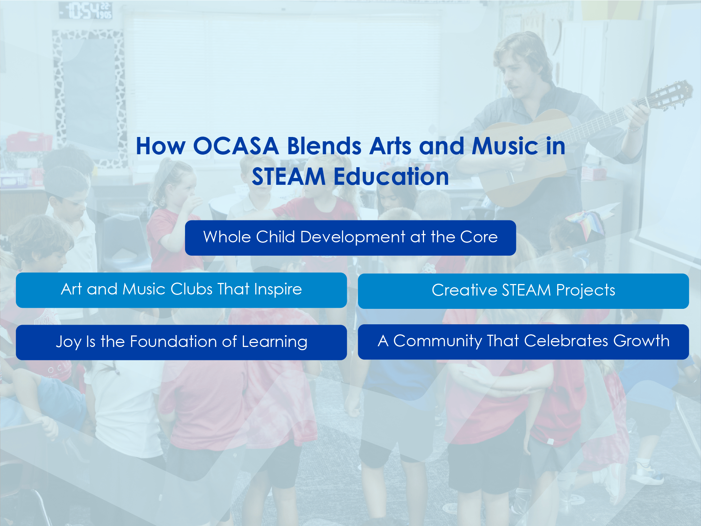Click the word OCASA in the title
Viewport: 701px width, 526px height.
(x=236, y=146)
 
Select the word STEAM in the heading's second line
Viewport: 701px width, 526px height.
(x=288, y=177)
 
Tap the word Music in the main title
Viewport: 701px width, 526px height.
(x=505, y=146)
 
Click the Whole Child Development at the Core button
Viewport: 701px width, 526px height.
(x=350, y=238)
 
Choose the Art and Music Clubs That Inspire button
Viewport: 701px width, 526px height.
(x=181, y=290)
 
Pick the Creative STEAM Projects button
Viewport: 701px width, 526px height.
(x=523, y=291)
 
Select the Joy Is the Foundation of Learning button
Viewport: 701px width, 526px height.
(x=181, y=342)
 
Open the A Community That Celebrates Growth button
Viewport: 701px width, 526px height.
(x=523, y=342)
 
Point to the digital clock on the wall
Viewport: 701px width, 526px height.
(x=86, y=10)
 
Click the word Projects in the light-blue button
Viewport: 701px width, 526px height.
(x=585, y=291)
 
